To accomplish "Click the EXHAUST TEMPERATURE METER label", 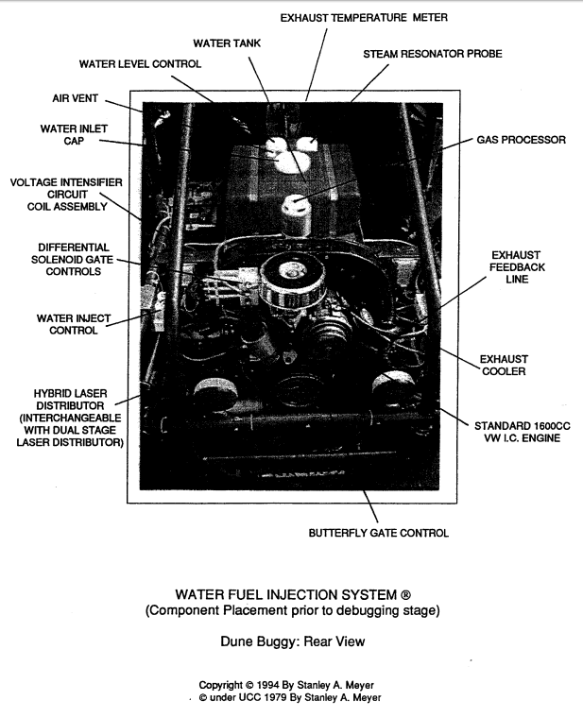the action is click(364, 18).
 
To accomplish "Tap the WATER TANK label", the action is click(227, 43).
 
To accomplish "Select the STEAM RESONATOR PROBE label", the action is click(433, 54).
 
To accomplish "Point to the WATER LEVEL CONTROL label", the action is click(140, 64).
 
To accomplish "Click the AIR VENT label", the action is click(75, 98).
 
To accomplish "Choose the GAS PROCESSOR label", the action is click(522, 140).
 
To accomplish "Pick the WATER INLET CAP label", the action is click(74, 134).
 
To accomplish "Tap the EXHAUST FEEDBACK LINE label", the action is click(517, 267).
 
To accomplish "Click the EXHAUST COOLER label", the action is click(504, 365).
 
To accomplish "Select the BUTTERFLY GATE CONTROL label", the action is click(378, 533).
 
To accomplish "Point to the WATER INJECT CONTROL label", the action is click(74, 324).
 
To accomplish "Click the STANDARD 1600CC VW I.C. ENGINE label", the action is click(523, 432).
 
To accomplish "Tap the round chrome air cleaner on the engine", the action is click(293, 281).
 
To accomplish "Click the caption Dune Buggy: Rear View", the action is click(293, 641).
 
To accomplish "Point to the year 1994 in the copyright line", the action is click(268, 686).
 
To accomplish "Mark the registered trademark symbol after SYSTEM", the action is click(405, 595).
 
